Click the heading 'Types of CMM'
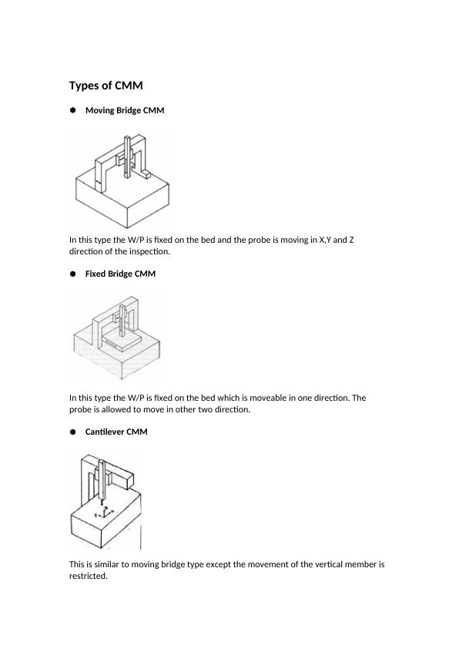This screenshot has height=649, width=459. coord(106,86)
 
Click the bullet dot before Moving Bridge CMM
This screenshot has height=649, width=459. coord(73,110)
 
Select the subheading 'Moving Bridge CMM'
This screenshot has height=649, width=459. coord(124,110)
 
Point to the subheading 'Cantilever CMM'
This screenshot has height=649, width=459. coord(116,432)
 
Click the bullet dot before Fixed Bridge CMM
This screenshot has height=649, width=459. coord(73,274)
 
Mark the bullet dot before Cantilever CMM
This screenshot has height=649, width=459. coord(73,432)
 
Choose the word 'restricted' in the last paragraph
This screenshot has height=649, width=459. coord(87,576)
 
